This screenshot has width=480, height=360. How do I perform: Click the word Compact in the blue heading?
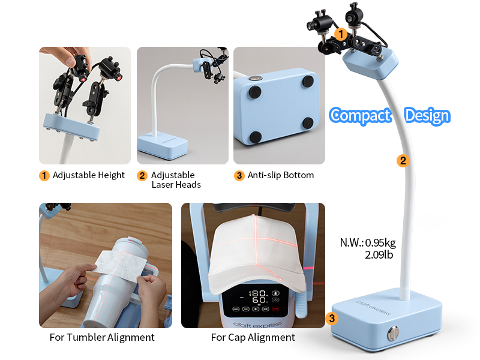361,116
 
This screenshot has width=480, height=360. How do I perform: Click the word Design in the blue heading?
427,116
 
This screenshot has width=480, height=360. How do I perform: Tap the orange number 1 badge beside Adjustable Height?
44,176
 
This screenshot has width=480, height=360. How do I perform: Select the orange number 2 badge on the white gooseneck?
403,161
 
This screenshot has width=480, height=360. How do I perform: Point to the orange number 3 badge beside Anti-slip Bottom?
239,176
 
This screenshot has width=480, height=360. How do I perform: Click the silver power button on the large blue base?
394,334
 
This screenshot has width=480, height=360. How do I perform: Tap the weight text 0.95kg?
380,243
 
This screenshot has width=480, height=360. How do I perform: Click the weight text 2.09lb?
379,254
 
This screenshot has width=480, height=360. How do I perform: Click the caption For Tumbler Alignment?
102,337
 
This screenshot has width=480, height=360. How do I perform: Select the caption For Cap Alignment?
253,337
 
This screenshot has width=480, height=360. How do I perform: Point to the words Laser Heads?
176,185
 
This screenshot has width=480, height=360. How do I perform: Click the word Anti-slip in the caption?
264,175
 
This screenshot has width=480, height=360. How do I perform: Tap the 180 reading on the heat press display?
259,293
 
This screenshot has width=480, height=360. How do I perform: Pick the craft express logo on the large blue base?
373,307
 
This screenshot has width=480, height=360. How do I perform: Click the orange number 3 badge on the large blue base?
332,319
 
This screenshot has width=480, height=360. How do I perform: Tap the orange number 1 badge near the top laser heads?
340,34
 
